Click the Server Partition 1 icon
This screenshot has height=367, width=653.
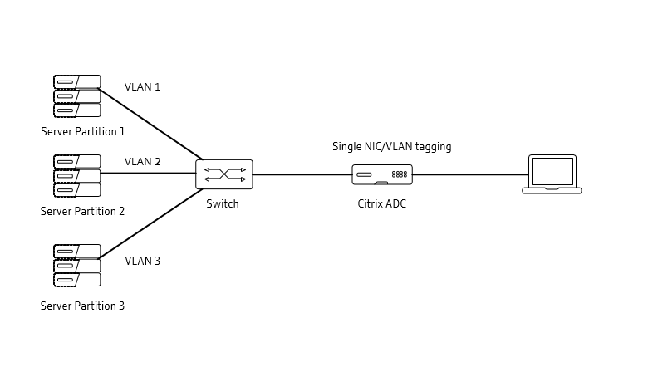76,95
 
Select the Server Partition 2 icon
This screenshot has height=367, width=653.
76,175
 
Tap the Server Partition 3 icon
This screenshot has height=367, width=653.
76,265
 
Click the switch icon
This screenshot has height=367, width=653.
224,174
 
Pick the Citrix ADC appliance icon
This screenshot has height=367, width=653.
382,174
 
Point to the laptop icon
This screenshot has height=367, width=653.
552,174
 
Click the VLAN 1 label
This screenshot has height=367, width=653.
142,87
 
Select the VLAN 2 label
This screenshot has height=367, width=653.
142,162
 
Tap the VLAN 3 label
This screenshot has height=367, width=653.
142,262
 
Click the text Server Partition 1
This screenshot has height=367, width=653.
83,131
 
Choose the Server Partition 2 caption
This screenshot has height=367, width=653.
82,212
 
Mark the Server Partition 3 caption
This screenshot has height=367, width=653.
82,306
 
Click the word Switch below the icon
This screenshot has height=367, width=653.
223,204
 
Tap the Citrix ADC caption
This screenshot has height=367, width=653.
382,204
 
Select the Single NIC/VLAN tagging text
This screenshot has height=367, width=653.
391,147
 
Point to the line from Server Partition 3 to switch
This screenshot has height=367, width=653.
150,224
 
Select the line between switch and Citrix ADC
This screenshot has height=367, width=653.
302,174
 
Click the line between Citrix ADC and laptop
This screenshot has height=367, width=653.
469,174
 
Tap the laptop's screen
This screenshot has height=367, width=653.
552,171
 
